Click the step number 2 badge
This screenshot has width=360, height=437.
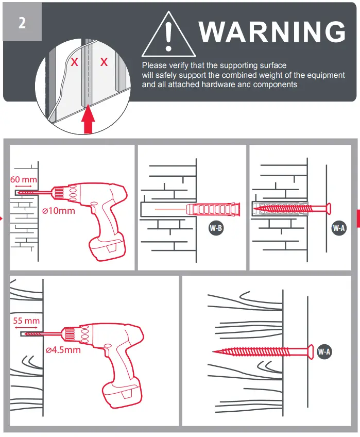(x=22, y=23)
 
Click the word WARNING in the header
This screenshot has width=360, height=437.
(x=272, y=32)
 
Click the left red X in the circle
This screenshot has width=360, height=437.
(x=75, y=63)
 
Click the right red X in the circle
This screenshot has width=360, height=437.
(x=104, y=62)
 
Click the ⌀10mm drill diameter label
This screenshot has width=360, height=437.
(x=58, y=211)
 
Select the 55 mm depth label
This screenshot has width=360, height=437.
(x=26, y=321)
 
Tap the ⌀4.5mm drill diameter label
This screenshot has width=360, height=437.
(x=62, y=350)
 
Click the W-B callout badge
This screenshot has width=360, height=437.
(x=216, y=228)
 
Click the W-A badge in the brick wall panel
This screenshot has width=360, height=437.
(x=338, y=228)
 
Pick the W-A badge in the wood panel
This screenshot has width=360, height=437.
(x=324, y=352)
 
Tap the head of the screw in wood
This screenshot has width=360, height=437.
(x=311, y=352)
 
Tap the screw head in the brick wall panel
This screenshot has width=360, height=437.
(x=328, y=209)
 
